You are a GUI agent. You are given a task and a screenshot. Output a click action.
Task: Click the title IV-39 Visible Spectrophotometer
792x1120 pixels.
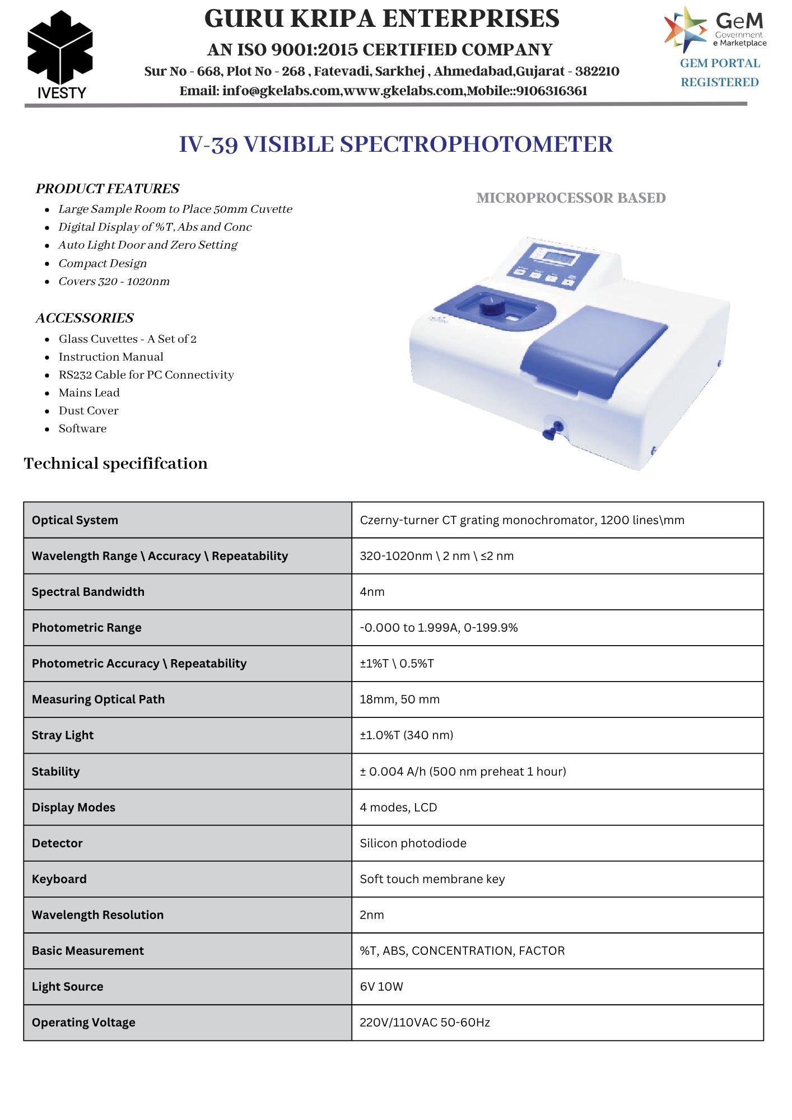point(395,144)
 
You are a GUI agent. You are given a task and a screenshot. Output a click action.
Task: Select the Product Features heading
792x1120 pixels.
point(108,189)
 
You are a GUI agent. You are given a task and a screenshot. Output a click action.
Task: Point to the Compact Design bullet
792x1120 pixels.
point(103,263)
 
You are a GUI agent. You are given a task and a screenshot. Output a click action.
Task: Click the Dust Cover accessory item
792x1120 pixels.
point(88,410)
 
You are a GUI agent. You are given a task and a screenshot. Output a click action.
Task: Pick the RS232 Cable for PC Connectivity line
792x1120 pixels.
point(146,375)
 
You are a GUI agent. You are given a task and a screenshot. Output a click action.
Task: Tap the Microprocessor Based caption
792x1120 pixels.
point(571,198)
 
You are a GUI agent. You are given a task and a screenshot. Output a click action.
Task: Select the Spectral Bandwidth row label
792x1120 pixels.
point(88,592)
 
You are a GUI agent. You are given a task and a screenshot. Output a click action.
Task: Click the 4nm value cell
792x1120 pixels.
point(372,592)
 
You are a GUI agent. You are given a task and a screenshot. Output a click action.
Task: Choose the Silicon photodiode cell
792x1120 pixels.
point(413,843)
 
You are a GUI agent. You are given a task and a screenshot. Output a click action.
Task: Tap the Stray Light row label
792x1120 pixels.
point(63,735)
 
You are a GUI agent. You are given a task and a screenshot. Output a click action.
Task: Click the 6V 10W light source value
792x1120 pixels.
point(381,987)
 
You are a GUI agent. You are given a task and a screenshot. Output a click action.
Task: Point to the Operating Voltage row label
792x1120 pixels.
point(83,1023)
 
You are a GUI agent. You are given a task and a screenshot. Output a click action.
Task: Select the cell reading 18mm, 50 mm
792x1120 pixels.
point(399,699)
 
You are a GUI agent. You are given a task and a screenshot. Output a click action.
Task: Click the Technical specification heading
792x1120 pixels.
point(115,463)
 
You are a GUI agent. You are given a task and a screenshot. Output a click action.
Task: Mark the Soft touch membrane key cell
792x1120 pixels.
point(432,879)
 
